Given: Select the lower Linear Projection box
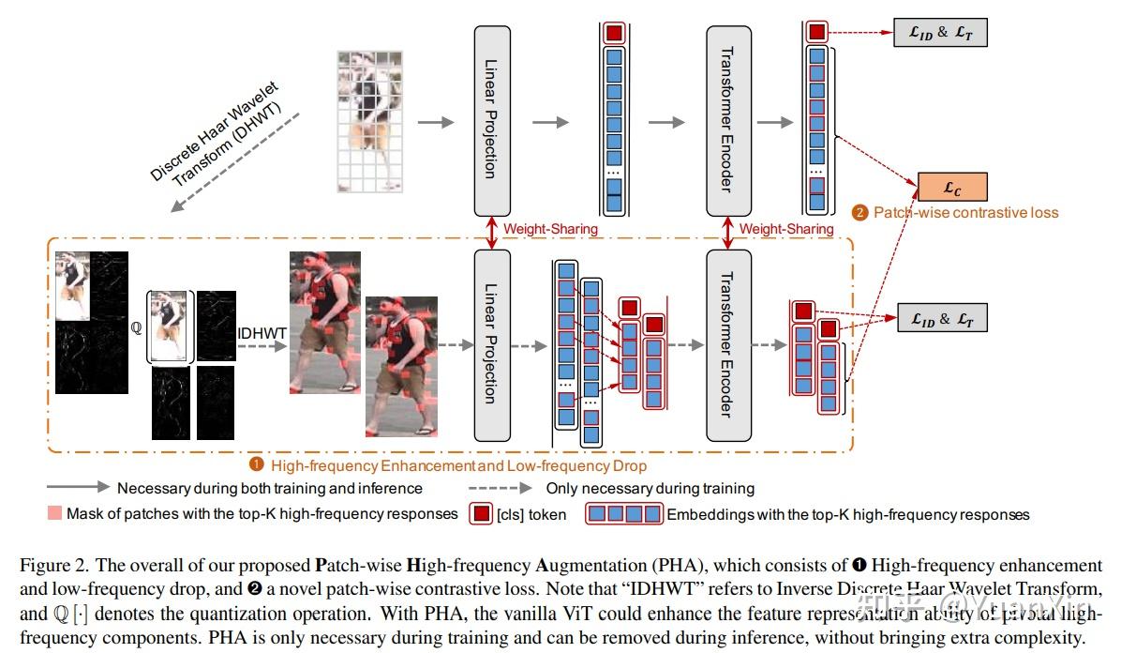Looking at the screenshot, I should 492,345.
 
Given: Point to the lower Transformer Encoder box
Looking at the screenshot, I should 728,345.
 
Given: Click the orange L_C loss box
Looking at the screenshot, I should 952,188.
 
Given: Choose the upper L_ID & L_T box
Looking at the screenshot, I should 942,34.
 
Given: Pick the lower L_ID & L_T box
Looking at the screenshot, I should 942,318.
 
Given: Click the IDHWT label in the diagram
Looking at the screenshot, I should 262,331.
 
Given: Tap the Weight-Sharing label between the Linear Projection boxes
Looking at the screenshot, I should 550,229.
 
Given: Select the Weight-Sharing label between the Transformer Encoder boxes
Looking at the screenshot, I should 786,229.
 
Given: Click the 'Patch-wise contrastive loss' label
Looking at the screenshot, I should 965,213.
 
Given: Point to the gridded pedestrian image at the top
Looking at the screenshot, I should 371,122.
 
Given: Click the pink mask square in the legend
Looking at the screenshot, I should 53,514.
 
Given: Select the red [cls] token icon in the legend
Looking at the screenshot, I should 479,514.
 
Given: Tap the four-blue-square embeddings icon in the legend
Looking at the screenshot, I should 624,514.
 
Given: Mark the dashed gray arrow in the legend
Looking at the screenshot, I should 506,488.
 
